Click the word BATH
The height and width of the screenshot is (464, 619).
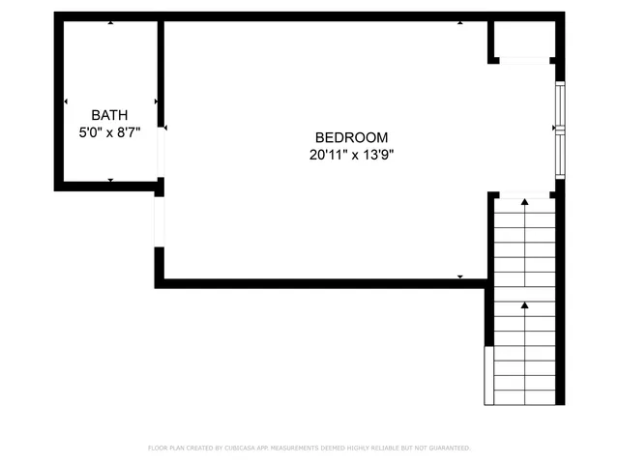click(x=110, y=115)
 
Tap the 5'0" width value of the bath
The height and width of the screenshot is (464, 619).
click(x=92, y=132)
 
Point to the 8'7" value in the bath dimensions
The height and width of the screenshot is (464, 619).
click(x=129, y=132)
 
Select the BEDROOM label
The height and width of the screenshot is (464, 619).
click(x=351, y=137)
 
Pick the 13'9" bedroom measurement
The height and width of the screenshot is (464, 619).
click(x=377, y=154)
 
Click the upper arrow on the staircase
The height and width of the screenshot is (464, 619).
click(x=525, y=203)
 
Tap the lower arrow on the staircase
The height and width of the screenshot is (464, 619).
click(x=525, y=305)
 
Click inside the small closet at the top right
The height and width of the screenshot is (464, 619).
click(x=523, y=40)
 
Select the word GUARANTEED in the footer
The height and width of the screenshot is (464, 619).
click(x=445, y=448)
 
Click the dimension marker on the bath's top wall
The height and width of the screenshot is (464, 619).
click(x=110, y=22)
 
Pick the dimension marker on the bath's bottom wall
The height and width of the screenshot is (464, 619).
click(x=110, y=180)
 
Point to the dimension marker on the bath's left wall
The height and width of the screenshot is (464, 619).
click(x=66, y=101)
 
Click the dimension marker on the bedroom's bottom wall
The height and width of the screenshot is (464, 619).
click(x=460, y=277)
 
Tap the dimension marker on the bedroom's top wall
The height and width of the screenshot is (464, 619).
click(x=460, y=22)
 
